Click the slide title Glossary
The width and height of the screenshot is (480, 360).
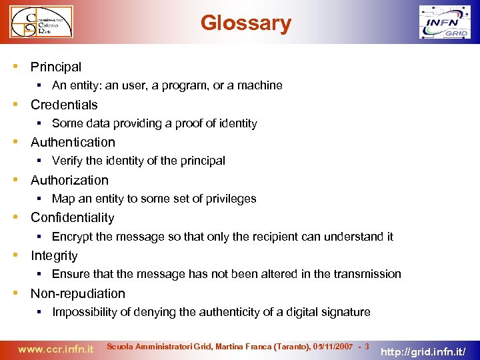point(246,23)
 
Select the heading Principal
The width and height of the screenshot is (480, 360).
point(56,67)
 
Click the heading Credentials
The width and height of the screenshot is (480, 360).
point(64,105)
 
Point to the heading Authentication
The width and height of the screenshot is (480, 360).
point(73,142)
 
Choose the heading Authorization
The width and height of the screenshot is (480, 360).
point(69,180)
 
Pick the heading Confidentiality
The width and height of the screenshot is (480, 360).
point(72,217)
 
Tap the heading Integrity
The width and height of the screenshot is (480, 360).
point(54,255)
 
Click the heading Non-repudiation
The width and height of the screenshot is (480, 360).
point(77,293)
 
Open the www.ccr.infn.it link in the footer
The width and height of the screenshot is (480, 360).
point(55,348)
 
